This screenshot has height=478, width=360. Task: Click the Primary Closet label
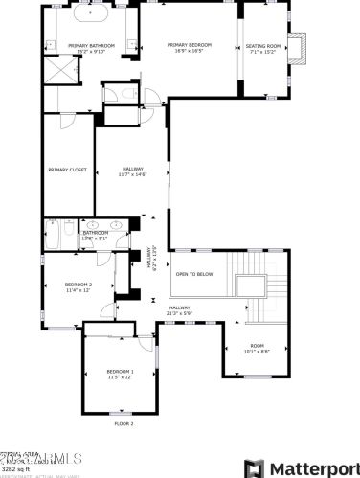[67, 170]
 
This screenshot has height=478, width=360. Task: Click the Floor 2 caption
[124, 422]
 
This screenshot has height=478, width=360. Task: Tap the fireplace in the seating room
[300, 46]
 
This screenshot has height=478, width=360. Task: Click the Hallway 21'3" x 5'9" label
[180, 309]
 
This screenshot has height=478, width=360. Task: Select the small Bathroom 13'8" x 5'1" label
[95, 234]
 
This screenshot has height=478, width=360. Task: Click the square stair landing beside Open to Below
[253, 285]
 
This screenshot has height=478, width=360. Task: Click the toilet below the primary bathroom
[113, 93]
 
